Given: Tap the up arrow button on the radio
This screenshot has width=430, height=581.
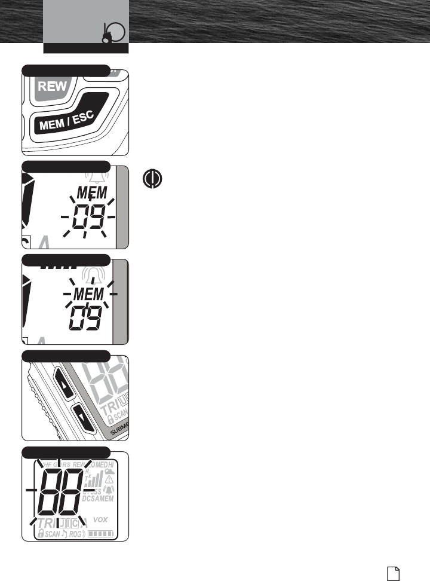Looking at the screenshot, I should (x=64, y=382).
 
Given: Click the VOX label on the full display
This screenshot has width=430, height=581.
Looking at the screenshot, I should (x=101, y=519).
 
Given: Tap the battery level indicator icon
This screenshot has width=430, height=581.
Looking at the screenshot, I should (x=100, y=533).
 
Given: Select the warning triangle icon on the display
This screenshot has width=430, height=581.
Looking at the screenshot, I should (x=109, y=479).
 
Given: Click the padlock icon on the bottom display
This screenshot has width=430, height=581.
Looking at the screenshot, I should (x=41, y=533).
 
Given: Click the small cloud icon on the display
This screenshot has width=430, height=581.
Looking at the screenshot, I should (x=110, y=470).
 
